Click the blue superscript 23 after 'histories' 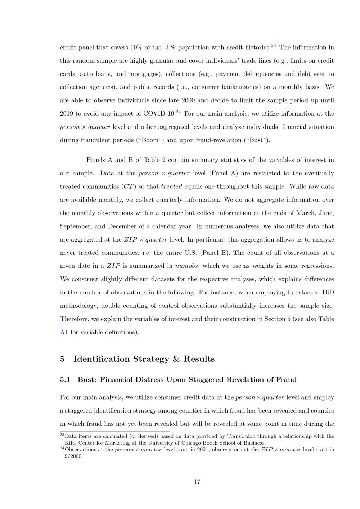pos(273,46)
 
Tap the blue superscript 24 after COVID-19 pos(178,112)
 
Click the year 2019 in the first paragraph pos(67,114)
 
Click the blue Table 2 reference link pos(164,160)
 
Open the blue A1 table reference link pos(64,332)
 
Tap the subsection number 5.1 pos(65,379)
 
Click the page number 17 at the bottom pos(197,482)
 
